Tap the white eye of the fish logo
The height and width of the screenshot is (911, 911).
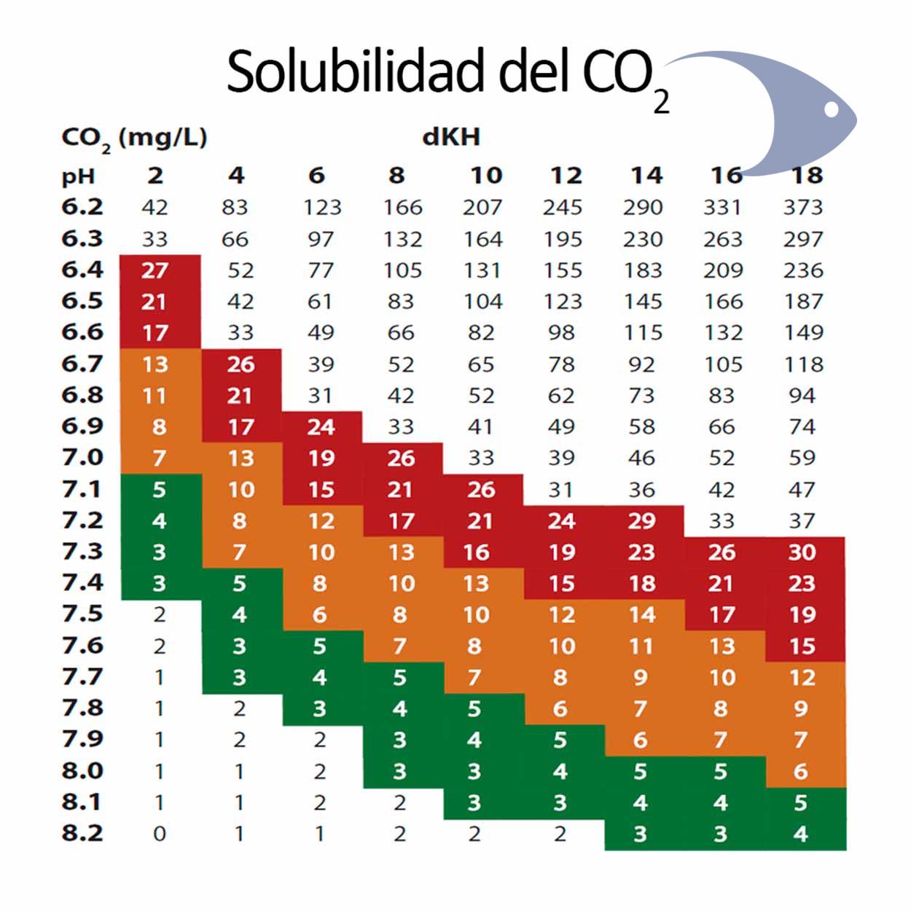(831, 109)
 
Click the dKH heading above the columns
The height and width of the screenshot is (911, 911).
(451, 137)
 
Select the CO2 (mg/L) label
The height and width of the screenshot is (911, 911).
(134, 138)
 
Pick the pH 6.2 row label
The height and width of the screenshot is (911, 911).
(82, 207)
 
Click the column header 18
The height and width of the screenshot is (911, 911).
(806, 176)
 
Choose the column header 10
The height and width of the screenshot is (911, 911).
(485, 176)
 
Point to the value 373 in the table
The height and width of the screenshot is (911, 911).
(802, 208)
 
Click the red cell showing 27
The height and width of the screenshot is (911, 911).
(155, 270)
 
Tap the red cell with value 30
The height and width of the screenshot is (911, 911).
(802, 552)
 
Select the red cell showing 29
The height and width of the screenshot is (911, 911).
(642, 521)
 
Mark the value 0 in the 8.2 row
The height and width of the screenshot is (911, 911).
(159, 834)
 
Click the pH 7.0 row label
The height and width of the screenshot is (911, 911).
(82, 458)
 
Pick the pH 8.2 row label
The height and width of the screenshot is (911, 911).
(82, 833)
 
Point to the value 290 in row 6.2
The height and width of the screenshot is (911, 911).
(642, 208)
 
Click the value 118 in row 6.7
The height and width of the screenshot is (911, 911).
(802, 364)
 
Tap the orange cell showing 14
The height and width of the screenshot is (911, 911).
(642, 615)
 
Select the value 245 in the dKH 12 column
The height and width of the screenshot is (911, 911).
(562, 208)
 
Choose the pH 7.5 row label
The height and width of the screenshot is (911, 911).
(82, 614)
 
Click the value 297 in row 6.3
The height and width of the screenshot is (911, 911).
(802, 239)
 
